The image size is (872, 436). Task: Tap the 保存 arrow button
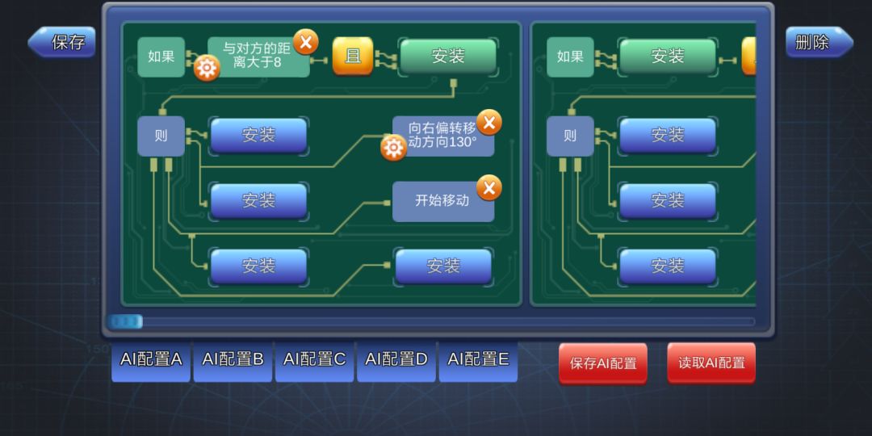pos(62,42)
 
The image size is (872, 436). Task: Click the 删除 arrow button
pos(819,42)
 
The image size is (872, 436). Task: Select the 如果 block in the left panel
pos(161,57)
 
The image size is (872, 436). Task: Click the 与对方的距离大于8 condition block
pos(258,57)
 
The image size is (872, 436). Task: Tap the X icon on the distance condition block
pos(306,42)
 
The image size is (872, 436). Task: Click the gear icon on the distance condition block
pos(207,69)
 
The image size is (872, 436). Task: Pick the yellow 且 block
pos(353,56)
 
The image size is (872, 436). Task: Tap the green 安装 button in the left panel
pos(447,56)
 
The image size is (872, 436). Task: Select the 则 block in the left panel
pos(161,136)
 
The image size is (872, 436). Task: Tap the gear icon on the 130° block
pos(394,148)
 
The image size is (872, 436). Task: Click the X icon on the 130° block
pos(489,123)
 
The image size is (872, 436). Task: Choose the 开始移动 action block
pos(443,201)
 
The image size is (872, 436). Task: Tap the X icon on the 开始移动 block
pos(489,188)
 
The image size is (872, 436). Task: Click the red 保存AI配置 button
pos(603,363)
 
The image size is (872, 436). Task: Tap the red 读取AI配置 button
pos(711,363)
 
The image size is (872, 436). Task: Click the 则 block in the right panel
pos(571,136)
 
